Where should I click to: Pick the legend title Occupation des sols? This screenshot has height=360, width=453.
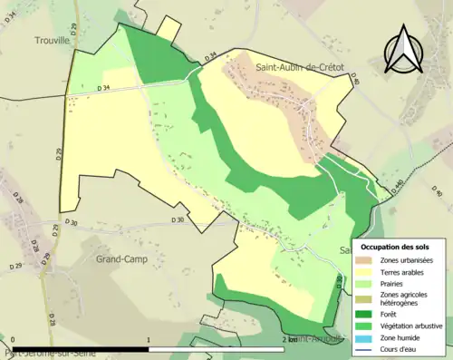[396, 247]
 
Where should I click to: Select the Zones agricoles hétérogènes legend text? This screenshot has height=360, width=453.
[409, 298]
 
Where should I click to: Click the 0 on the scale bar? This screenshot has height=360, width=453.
[12, 339]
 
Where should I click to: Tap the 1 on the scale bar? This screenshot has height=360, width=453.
[148, 339]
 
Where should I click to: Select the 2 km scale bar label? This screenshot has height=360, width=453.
[289, 339]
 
